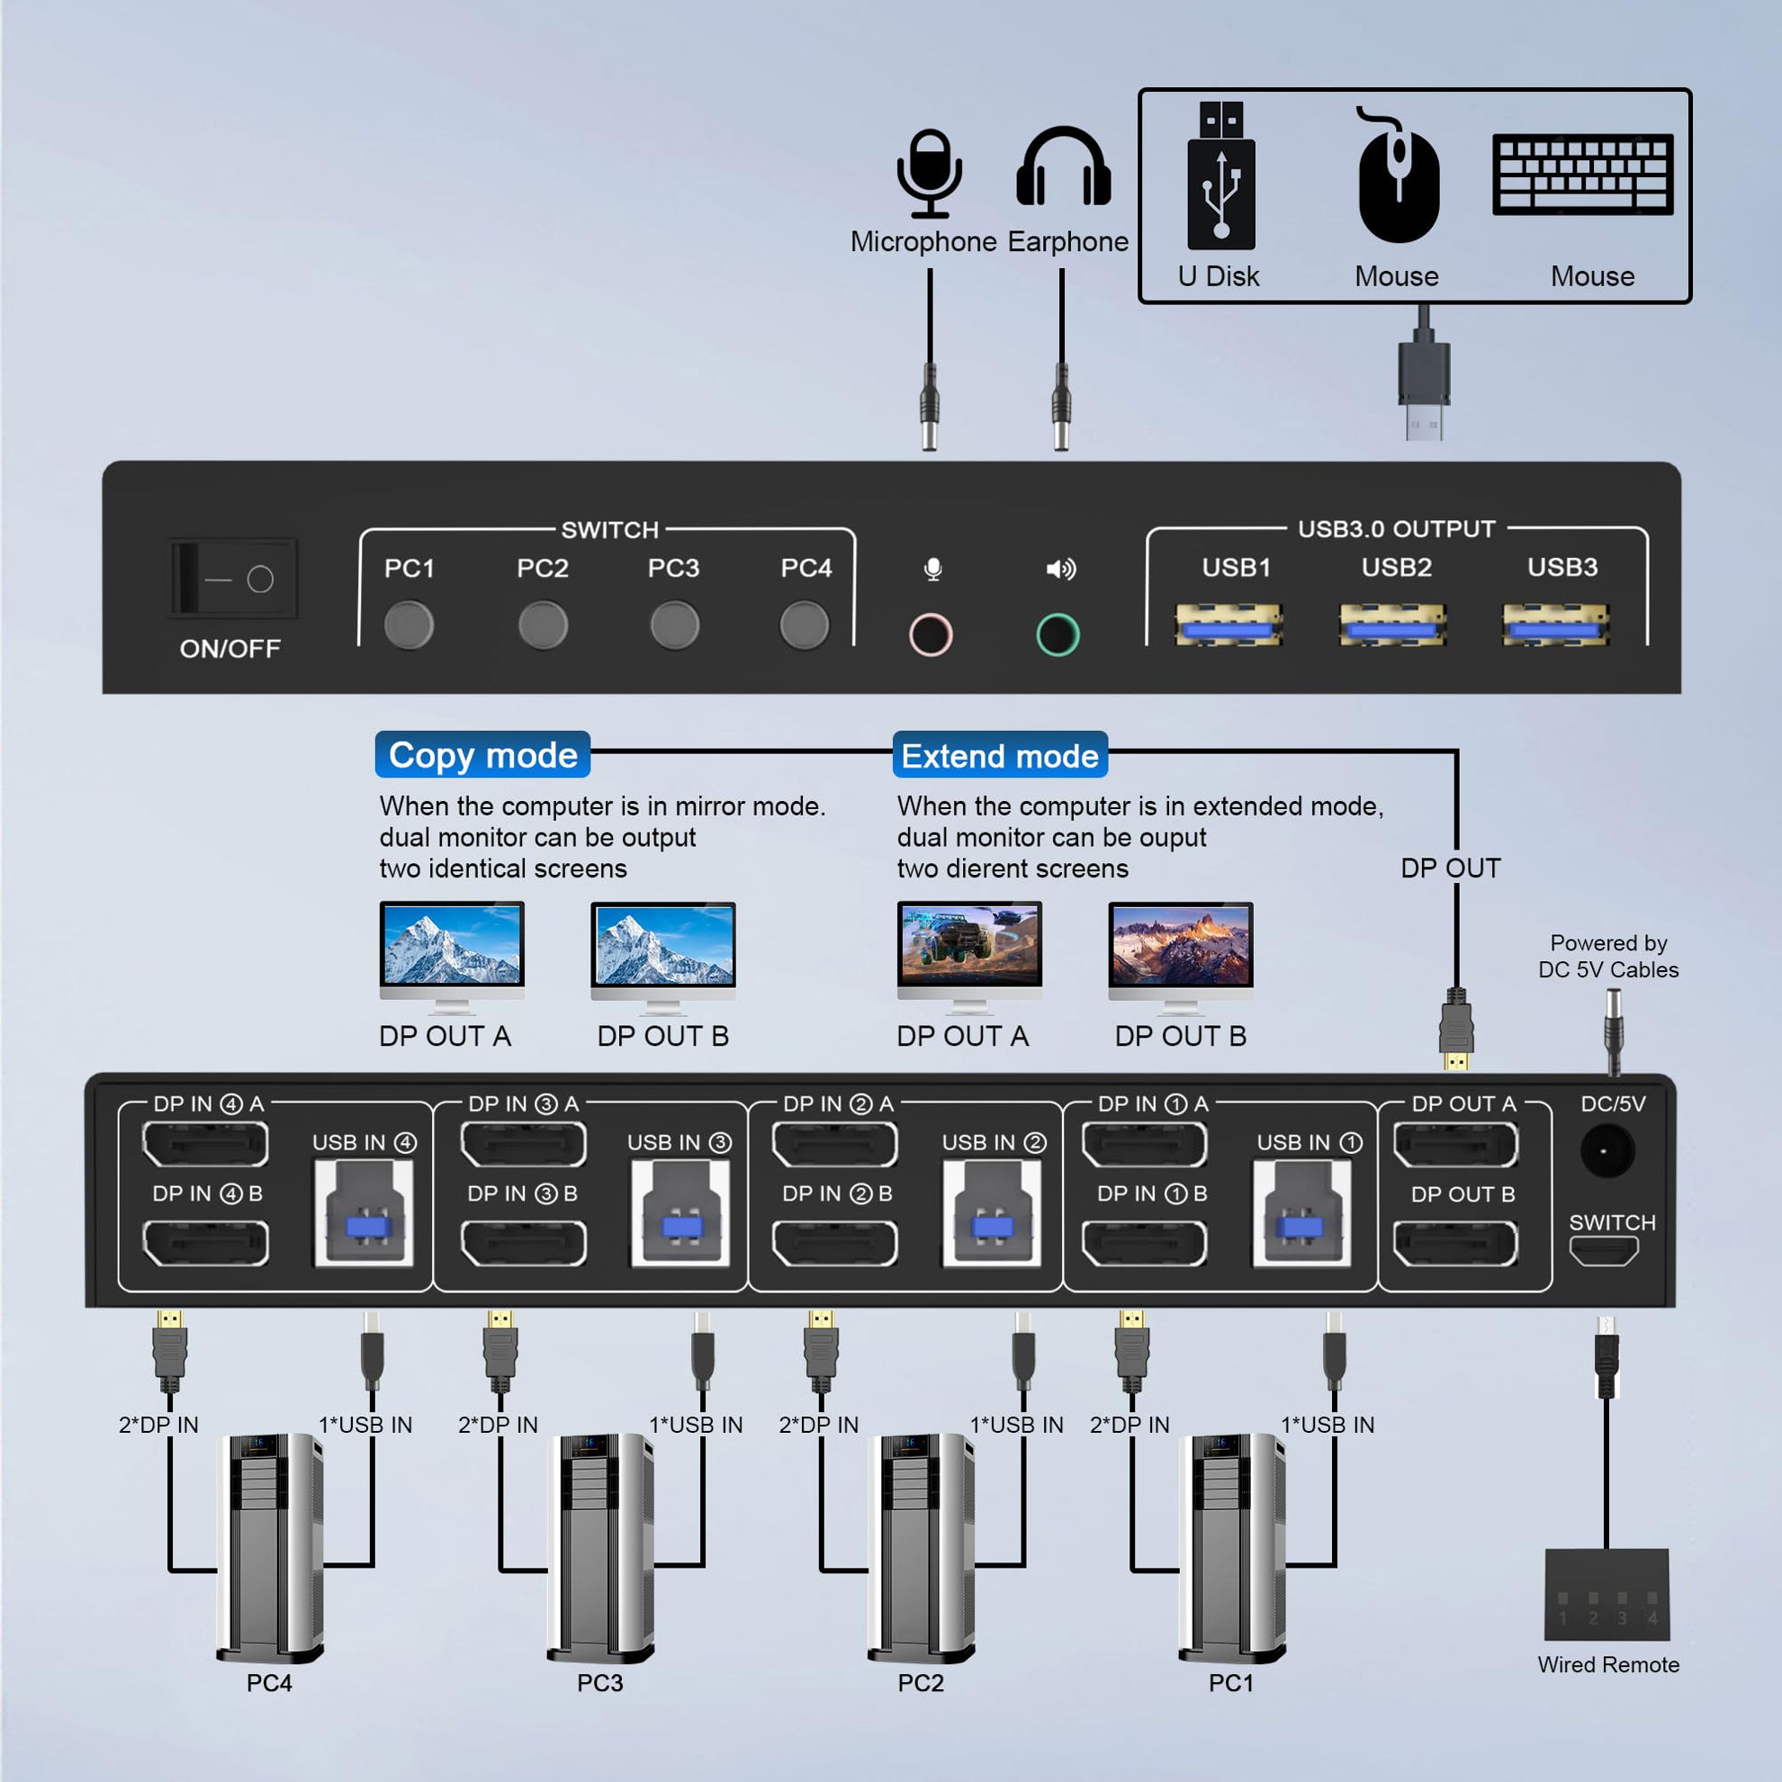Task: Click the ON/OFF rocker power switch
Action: (232, 579)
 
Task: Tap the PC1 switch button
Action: (409, 625)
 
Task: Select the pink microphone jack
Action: (930, 634)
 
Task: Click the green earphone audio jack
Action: (1057, 634)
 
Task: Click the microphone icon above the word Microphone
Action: (930, 174)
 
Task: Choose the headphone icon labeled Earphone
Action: (1063, 168)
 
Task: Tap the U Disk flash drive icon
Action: (1221, 175)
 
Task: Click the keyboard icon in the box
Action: (1583, 175)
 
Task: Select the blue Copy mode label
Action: (482, 755)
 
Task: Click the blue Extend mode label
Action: (1000, 756)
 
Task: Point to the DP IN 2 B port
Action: (834, 1243)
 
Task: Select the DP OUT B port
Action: (1455, 1243)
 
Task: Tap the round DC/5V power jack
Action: (1607, 1151)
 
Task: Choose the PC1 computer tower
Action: (1231, 1546)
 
